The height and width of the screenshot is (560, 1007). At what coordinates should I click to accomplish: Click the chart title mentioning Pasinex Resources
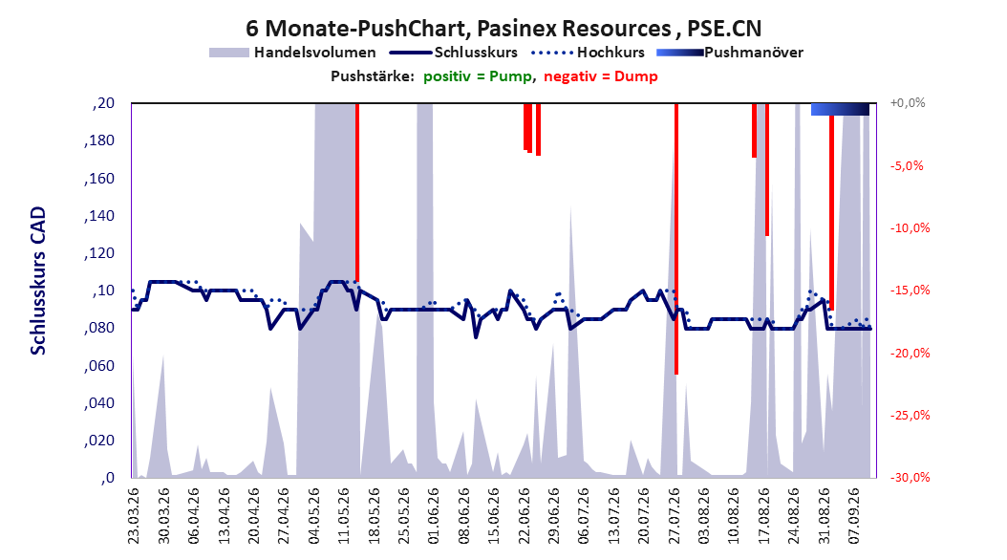click(503, 29)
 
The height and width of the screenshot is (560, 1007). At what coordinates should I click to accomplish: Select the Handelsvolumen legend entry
click(293, 53)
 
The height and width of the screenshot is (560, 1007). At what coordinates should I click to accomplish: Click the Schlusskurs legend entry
click(454, 53)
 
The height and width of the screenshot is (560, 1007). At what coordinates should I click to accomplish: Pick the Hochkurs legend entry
click(589, 53)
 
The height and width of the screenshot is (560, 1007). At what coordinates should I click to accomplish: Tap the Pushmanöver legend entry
click(730, 53)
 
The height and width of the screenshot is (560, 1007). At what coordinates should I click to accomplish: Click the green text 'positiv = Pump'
click(477, 76)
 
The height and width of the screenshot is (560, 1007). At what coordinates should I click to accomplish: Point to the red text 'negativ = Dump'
click(601, 76)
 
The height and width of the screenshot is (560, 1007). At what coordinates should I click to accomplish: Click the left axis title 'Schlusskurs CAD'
click(38, 281)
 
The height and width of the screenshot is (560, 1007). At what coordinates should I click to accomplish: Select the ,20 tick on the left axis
click(103, 103)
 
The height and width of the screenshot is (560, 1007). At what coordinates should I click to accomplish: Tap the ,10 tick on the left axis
click(103, 291)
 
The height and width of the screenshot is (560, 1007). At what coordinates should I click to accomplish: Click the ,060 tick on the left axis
click(99, 365)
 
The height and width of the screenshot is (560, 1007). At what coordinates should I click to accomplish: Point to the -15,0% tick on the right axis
click(910, 291)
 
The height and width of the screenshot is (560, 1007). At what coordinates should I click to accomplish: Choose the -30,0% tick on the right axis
click(910, 477)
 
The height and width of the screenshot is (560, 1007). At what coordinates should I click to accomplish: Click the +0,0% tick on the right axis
click(908, 103)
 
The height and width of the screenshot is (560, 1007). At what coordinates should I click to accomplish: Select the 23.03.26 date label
click(133, 516)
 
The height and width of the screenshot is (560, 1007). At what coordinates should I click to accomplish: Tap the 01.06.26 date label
click(434, 516)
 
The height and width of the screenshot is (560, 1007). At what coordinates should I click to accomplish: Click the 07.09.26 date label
click(854, 516)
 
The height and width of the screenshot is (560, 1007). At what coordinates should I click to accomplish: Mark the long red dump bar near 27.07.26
click(676, 238)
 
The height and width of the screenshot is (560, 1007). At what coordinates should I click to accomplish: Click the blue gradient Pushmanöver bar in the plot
click(840, 109)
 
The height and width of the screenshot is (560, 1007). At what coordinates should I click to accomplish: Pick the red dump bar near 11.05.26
click(357, 192)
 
